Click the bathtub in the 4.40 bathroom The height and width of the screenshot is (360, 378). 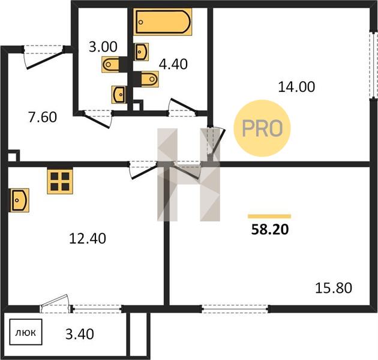[x=163, y=22]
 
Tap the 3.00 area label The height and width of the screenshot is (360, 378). [x=103, y=47]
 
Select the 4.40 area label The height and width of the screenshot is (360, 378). [x=173, y=64]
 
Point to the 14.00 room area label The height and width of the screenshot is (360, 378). [x=296, y=87]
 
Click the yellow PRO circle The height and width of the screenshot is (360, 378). [x=262, y=128]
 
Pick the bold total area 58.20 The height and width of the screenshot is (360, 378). [x=270, y=230]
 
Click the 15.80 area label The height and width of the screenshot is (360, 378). [x=334, y=288]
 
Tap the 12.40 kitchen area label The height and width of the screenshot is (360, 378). [x=88, y=238]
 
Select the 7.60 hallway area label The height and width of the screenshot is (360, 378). [x=43, y=117]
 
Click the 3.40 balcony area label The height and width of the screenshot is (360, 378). [x=80, y=334]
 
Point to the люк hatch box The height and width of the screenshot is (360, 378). [x=26, y=332]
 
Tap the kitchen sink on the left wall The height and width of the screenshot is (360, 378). [x=19, y=200]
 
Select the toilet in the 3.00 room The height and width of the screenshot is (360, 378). [x=110, y=64]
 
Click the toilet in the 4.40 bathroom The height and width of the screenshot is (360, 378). [x=150, y=79]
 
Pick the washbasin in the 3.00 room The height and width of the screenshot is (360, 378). [x=119, y=95]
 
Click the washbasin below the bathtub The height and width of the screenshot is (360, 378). [x=142, y=52]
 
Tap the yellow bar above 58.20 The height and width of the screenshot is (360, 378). [x=269, y=216]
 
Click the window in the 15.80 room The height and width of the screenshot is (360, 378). [x=235, y=308]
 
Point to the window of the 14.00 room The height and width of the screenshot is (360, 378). [x=374, y=65]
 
